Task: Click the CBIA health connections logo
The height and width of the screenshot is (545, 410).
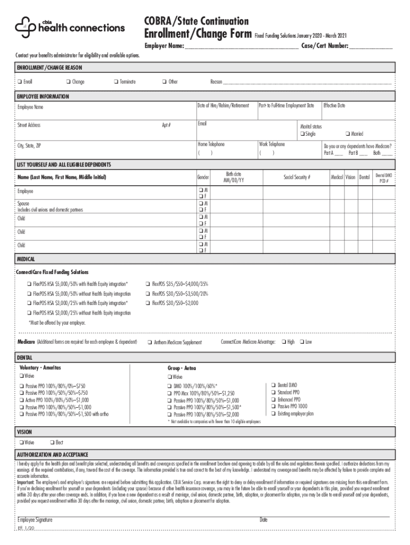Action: [x=70, y=27]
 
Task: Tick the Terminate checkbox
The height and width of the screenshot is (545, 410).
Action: [x=115, y=82]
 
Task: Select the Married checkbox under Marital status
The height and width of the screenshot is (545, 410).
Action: [x=347, y=134]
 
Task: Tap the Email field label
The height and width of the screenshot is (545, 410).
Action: [x=202, y=123]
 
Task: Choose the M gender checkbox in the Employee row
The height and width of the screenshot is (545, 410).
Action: [x=201, y=189]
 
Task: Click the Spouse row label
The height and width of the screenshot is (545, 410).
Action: [x=23, y=203]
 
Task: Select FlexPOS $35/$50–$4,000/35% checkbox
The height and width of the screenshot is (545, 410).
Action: [x=147, y=284]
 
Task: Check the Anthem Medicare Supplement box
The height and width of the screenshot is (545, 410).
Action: [x=150, y=342]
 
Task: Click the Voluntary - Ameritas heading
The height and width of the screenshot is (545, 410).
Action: [x=40, y=368]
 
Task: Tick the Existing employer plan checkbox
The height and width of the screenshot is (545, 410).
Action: [x=273, y=414]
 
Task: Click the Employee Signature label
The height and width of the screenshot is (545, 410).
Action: [x=35, y=519]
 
